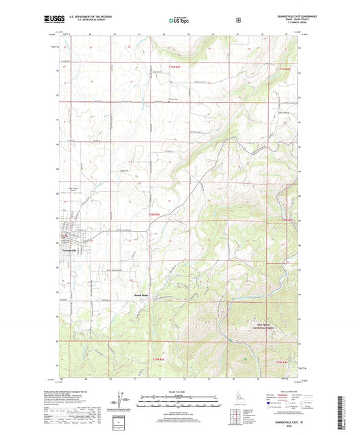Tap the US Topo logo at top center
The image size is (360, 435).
179,21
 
